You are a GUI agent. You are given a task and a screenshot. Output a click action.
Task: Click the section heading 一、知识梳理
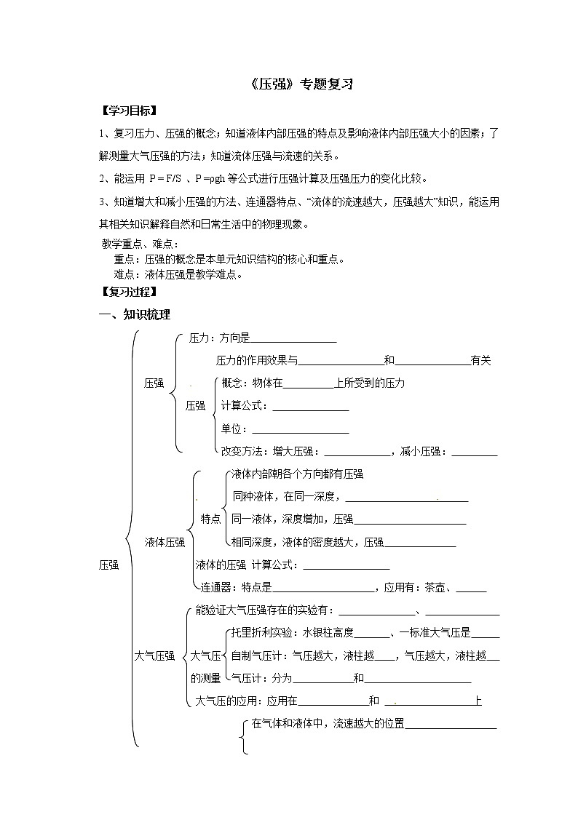[x=135, y=315]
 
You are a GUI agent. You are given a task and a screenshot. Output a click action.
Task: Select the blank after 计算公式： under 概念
[x=310, y=407]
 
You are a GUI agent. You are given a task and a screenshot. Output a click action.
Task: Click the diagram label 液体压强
[x=165, y=541]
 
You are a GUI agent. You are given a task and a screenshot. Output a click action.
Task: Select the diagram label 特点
[x=210, y=519]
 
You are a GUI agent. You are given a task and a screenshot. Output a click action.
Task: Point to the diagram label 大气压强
[x=154, y=655]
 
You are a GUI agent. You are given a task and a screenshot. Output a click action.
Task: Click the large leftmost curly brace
[x=133, y=538]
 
